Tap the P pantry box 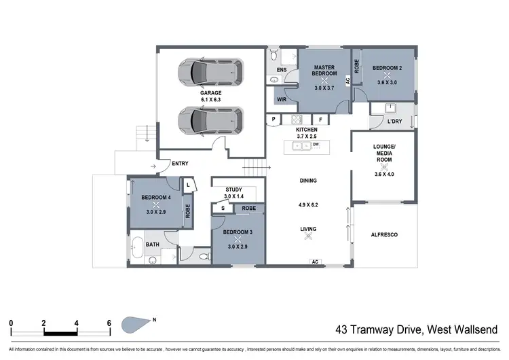click(274, 120)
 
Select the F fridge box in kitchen click(321, 120)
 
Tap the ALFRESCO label click(383, 234)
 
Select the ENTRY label click(180, 163)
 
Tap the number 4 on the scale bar click(77, 323)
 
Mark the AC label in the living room click(314, 261)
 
